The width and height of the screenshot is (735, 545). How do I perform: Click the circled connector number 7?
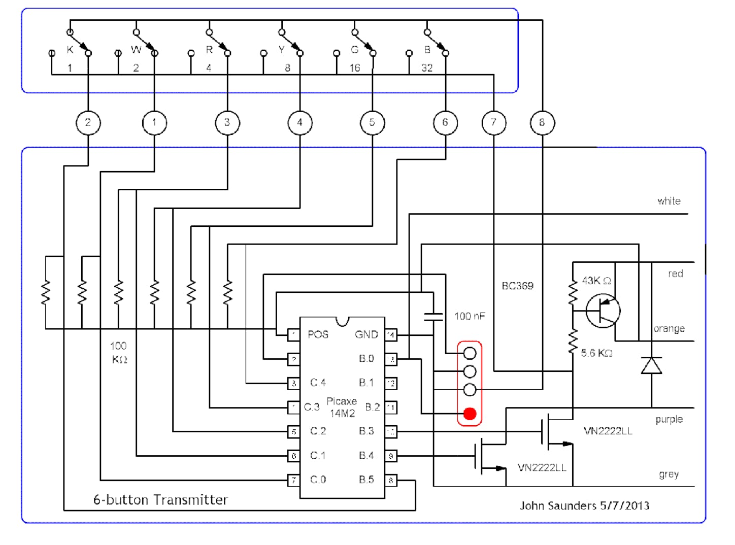[x=493, y=122]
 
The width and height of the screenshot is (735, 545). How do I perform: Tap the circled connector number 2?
[x=88, y=122]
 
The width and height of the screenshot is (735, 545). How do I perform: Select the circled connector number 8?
[x=542, y=122]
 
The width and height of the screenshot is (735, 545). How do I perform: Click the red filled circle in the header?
[x=470, y=414]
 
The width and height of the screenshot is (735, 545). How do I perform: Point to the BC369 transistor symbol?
[x=603, y=310]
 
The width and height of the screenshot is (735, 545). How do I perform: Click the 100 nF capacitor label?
[x=470, y=316]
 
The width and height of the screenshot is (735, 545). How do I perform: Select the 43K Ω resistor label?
[x=596, y=281]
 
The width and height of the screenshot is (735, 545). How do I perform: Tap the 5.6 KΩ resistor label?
[x=596, y=353]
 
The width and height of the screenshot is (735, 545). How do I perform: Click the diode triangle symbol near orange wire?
[x=651, y=365]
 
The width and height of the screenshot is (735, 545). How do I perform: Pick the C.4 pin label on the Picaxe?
[x=318, y=383]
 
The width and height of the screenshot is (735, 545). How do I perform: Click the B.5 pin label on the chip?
[x=366, y=480]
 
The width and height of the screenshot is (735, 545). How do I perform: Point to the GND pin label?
[x=366, y=334]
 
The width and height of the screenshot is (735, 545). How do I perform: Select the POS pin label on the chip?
[x=318, y=334]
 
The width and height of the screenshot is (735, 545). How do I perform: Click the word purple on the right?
[x=669, y=420]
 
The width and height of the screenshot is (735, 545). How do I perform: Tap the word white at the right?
[x=669, y=201]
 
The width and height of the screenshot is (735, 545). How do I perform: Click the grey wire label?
[x=669, y=474]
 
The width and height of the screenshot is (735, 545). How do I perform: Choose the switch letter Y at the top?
[x=282, y=50]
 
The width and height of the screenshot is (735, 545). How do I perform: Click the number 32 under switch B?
[x=427, y=68]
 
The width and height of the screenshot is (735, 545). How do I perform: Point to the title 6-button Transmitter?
[x=160, y=500]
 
